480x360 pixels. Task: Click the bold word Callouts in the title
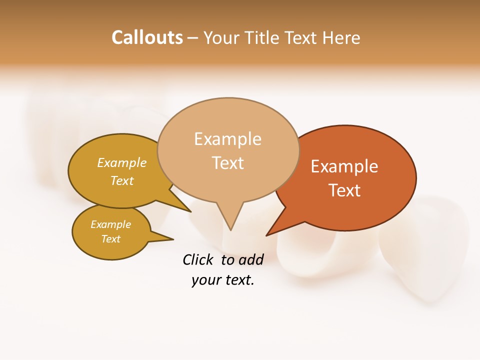pos(147,37)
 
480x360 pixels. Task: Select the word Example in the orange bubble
pos(344,166)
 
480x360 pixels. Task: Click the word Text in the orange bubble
pos(344,190)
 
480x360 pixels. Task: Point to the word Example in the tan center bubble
pos(227,139)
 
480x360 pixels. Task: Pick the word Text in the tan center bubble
pos(227,163)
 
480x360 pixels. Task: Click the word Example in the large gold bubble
pos(122,163)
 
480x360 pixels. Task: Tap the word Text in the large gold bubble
pos(122,180)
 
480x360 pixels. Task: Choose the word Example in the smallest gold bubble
pos(110,224)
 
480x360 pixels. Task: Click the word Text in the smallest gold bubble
pos(110,239)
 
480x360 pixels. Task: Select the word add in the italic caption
pos(251,259)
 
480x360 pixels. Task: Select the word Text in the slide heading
pos(302,37)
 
